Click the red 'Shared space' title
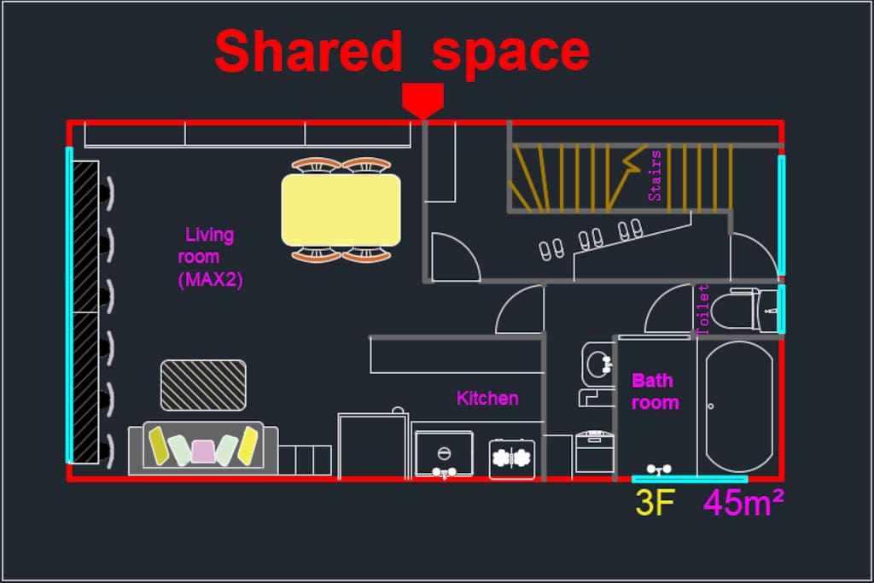pyautogui.click(x=402, y=52)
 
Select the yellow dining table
pyautogui.click(x=341, y=210)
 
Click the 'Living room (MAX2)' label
pyautogui.click(x=210, y=256)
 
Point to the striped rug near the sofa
pyautogui.click(x=203, y=385)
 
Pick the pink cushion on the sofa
pyautogui.click(x=203, y=451)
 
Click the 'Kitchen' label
pyautogui.click(x=487, y=398)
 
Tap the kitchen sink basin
pyautogui.click(x=444, y=454)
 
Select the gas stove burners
pyautogui.click(x=512, y=458)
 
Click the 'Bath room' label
pyautogui.click(x=655, y=391)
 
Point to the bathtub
pyautogui.click(x=739, y=406)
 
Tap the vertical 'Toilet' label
pyautogui.click(x=703, y=309)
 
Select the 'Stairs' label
pyautogui.click(x=655, y=176)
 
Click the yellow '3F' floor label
pyautogui.click(x=655, y=502)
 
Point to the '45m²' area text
pyautogui.click(x=743, y=502)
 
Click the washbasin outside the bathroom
pyautogui.click(x=597, y=364)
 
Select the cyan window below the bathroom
pyautogui.click(x=690, y=479)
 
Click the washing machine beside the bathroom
pyautogui.click(x=595, y=452)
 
